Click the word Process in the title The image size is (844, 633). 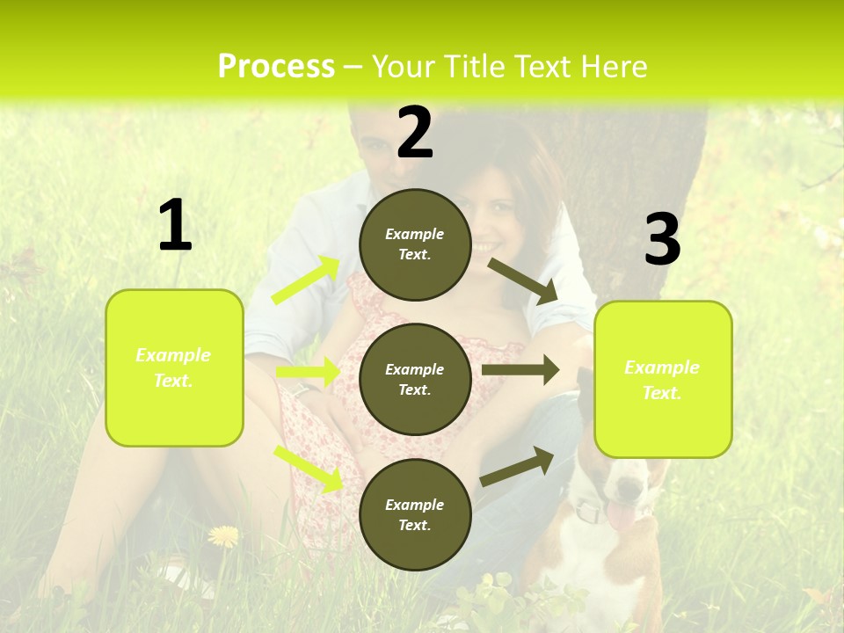pyautogui.click(x=276, y=67)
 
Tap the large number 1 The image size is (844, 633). pyautogui.click(x=175, y=226)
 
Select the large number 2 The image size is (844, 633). pyautogui.click(x=415, y=133)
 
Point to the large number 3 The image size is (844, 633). pyautogui.click(x=662, y=239)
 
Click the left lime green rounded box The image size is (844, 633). pyautogui.click(x=174, y=367)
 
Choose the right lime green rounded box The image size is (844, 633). pyautogui.click(x=663, y=379)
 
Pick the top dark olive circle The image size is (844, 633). pyautogui.click(x=415, y=244)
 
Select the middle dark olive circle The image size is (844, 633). pyautogui.click(x=415, y=379)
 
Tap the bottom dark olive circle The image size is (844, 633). pyautogui.click(x=415, y=514)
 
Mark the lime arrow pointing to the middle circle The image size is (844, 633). pyautogui.click(x=308, y=372)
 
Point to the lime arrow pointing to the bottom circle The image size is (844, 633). pyautogui.click(x=309, y=469)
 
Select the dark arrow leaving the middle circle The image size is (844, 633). pyautogui.click(x=520, y=370)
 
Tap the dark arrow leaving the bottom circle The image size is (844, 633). pyautogui.click(x=517, y=467)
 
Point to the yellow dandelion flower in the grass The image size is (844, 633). pyautogui.click(x=223, y=535)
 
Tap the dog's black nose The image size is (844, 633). pyautogui.click(x=628, y=488)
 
